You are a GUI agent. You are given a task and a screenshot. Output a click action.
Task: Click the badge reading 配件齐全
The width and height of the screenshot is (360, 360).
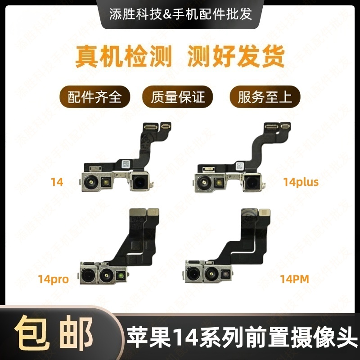94,96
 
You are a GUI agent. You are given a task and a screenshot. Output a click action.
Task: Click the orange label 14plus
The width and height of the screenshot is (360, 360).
301,182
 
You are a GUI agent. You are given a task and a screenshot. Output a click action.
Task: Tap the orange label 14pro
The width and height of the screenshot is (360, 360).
53,279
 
